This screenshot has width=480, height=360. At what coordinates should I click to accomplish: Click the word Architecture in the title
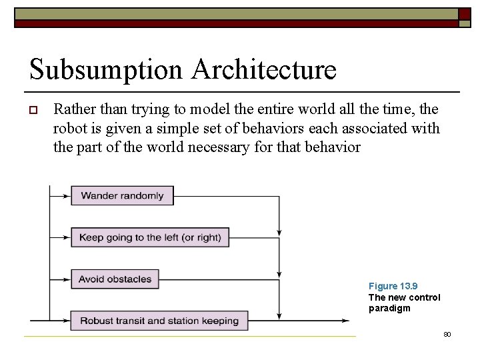[265, 69]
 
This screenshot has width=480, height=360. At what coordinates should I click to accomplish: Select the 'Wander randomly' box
[122, 195]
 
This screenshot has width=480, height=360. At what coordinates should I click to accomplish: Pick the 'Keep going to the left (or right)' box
[150, 237]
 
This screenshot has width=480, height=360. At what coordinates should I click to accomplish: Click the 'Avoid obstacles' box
[115, 279]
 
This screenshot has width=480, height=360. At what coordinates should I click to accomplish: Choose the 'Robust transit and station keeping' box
[159, 321]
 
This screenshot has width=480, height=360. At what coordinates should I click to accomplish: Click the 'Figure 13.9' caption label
[393, 286]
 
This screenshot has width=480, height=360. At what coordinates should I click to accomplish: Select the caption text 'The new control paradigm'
[404, 303]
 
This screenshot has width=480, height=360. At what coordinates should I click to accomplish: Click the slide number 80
[447, 333]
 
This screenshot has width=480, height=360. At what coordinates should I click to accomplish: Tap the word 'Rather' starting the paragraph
[73, 109]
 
